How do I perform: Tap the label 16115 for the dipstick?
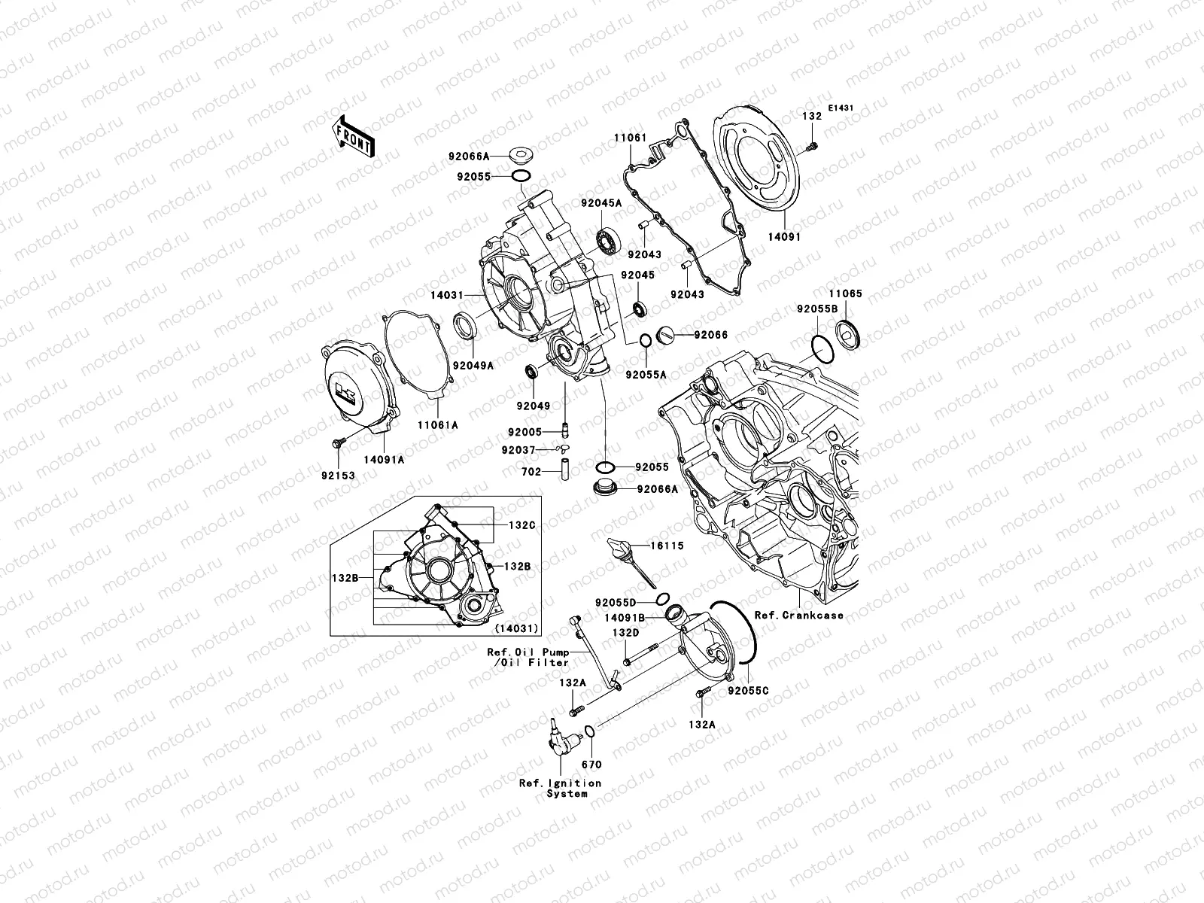pyautogui.click(x=667, y=546)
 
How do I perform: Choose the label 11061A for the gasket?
pyautogui.click(x=438, y=424)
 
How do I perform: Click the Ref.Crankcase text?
pyautogui.click(x=798, y=615)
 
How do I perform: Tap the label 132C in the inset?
pyautogui.click(x=521, y=525)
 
